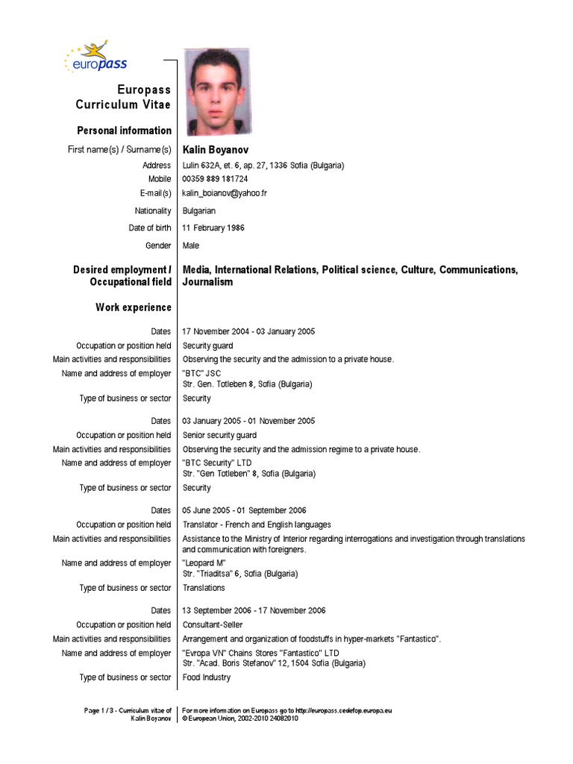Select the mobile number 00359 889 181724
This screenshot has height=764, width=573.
point(216,179)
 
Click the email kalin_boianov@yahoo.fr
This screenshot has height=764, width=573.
point(225,193)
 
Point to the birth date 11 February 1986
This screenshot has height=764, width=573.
point(213,228)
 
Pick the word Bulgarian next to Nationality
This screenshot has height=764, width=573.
point(199,211)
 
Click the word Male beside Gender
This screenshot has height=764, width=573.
point(191,245)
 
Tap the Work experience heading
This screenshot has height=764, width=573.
point(134,307)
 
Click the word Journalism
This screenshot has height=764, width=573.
point(208,282)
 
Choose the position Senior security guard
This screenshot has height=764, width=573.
point(219,435)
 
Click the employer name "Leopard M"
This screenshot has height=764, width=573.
point(204,563)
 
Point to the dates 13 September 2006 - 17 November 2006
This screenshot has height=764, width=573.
point(254,610)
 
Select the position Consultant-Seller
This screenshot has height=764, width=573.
point(213,624)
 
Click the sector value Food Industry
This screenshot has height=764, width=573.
point(207,677)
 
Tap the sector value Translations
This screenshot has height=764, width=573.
point(204,588)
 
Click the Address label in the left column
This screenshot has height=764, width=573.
point(157,166)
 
